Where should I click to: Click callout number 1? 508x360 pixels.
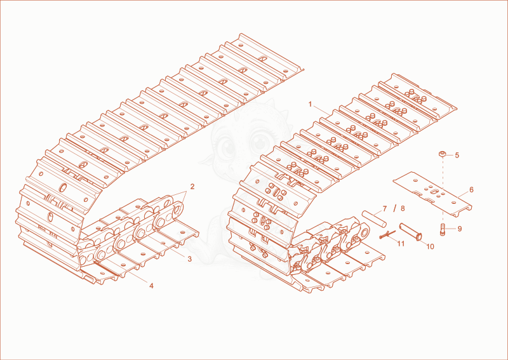[310, 104]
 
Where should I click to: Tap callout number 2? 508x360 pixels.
[192, 187]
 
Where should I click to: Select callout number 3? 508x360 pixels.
[189, 259]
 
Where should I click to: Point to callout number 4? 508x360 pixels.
[151, 286]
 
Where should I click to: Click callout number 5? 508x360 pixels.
[457, 155]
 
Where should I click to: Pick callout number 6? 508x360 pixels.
[471, 190]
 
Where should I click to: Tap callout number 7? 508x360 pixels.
[385, 209]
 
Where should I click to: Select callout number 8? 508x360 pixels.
[403, 208]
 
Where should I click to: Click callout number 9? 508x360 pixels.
[459, 229]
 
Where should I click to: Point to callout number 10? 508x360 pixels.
[430, 246]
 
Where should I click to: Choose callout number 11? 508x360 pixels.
[401, 244]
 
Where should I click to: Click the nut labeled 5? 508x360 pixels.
[443, 154]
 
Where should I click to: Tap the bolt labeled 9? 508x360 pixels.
[443, 230]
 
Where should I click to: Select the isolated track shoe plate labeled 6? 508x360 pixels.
[432, 194]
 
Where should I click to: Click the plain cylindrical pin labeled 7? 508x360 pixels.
[374, 218]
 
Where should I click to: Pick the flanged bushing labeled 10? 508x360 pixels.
[410, 231]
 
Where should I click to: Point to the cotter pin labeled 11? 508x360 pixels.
[387, 234]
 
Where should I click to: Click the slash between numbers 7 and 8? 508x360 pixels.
[394, 208]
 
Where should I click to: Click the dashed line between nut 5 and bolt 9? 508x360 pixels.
[443, 190]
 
